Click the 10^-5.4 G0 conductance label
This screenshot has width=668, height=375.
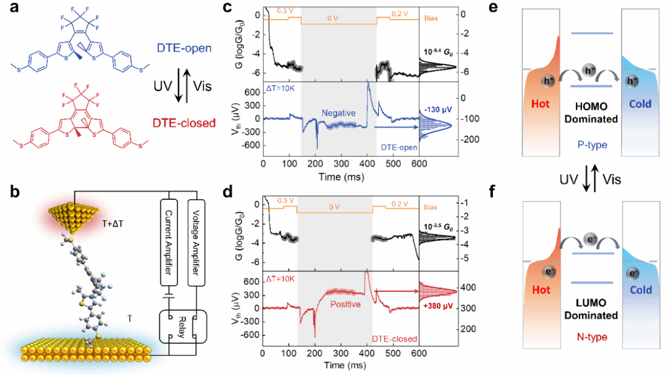tap(439, 49)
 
